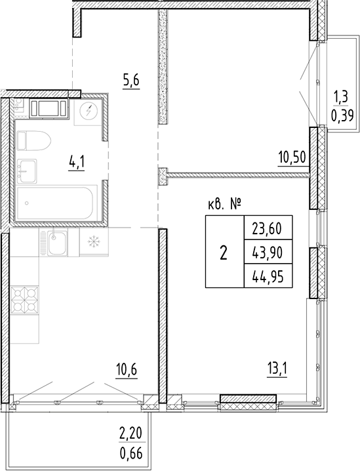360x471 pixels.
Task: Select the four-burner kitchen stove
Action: (x=25, y=299)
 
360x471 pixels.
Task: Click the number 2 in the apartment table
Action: (x=224, y=253)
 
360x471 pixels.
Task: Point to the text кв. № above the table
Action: (x=224, y=205)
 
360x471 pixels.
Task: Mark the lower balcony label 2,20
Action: (x=131, y=433)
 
